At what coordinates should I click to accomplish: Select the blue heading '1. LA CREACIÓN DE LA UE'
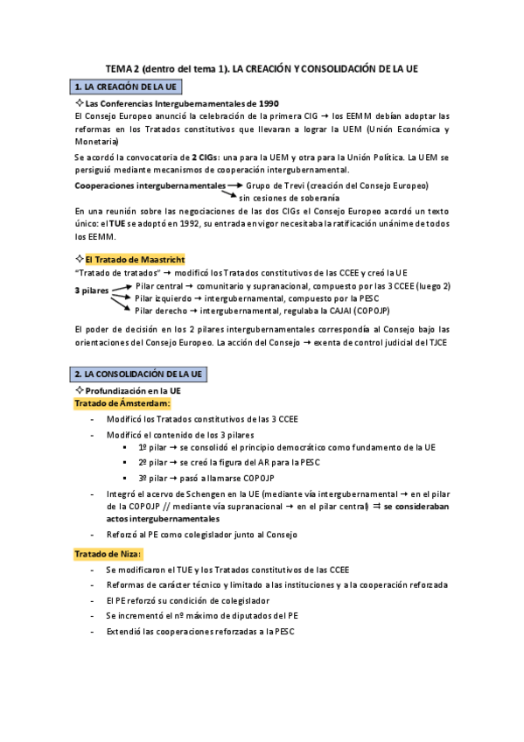click(x=126, y=87)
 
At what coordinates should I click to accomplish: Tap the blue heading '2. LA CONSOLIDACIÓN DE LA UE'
click(x=139, y=374)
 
